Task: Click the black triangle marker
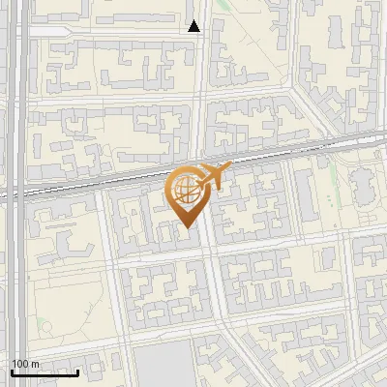click(194, 26)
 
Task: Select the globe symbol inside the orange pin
click(185, 190)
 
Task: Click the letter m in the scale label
click(36, 364)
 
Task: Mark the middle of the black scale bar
click(45, 372)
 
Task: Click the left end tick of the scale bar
click(12, 371)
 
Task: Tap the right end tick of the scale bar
click(78, 371)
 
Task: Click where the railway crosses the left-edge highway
click(16, 193)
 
